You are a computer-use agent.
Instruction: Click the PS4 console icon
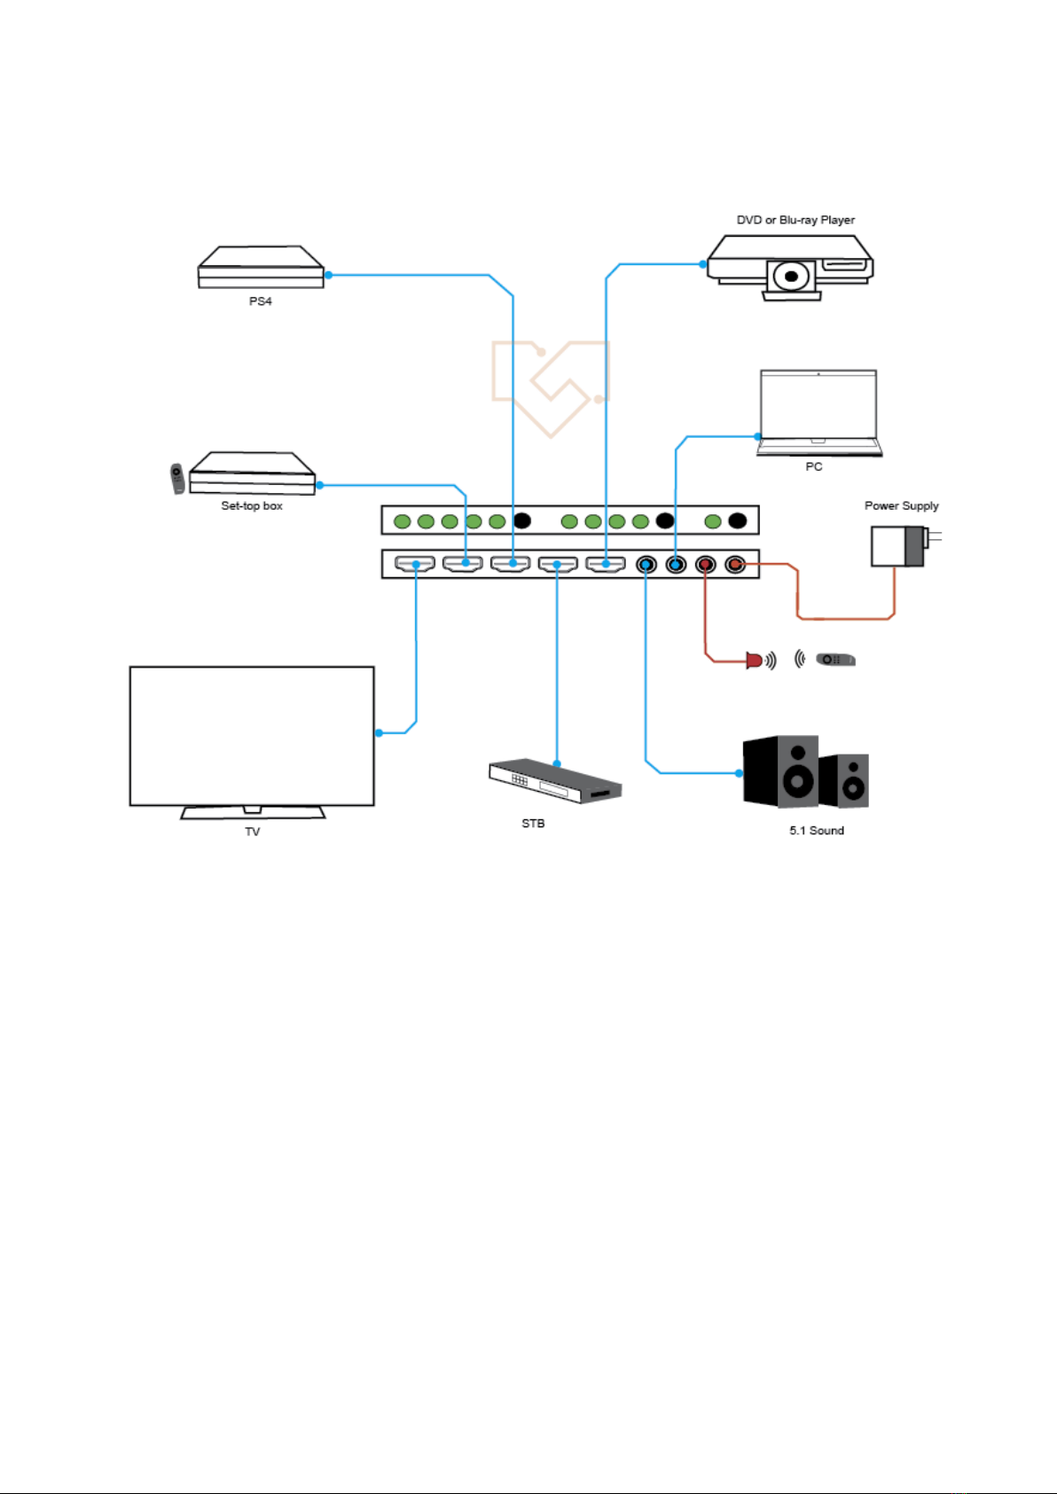pos(261,267)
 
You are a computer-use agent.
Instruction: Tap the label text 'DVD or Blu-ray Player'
pos(795,220)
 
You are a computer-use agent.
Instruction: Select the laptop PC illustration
pos(819,413)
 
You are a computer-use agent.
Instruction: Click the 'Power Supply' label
pos(901,505)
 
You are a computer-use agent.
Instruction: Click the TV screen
pos(252,736)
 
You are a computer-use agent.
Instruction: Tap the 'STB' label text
pos(533,824)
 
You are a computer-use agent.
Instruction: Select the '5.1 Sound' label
pos(817,831)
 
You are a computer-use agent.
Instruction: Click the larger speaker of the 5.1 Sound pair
pos(781,771)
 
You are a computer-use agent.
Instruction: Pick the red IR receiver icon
pos(755,661)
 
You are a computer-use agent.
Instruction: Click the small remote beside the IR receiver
pos(835,660)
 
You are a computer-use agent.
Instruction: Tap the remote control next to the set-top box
pos(176,479)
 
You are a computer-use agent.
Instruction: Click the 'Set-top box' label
pos(252,505)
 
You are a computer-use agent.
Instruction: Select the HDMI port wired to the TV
pos(415,564)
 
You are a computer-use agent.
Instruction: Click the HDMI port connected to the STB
pos(558,564)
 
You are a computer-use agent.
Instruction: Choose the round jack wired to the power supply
pos(735,565)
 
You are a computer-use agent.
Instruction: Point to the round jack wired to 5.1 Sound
pos(646,565)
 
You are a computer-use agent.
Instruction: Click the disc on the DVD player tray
pos(791,276)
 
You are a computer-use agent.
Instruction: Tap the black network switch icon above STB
pos(555,780)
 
